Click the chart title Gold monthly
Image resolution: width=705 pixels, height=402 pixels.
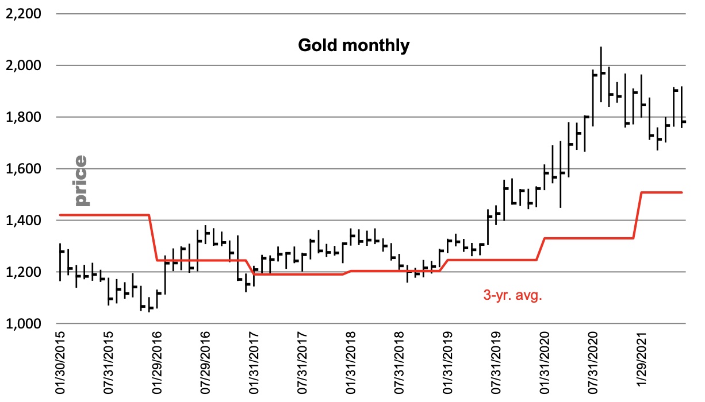(353, 45)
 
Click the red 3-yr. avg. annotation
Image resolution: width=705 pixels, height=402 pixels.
(511, 297)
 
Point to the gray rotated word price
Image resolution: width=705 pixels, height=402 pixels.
(81, 180)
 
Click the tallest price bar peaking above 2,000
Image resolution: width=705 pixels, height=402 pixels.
(601, 75)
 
